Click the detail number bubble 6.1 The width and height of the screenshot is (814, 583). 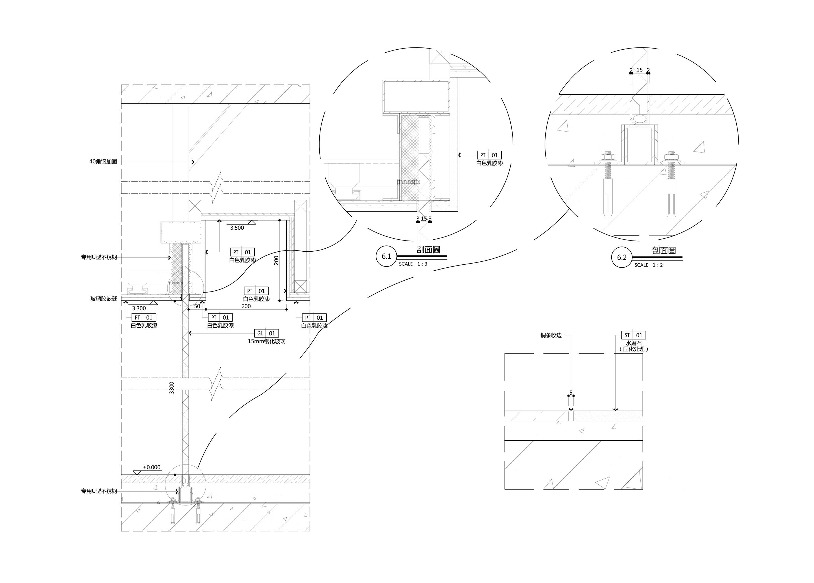point(386,257)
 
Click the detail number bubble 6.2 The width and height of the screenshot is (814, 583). point(622,257)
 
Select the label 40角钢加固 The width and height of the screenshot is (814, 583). point(103,162)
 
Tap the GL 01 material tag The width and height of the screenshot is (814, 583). point(267,333)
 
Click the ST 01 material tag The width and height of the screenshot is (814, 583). point(634,335)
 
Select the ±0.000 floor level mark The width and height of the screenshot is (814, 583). point(151,467)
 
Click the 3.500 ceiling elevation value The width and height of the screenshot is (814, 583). point(237,228)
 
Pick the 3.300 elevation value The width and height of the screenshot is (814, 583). point(139,308)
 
